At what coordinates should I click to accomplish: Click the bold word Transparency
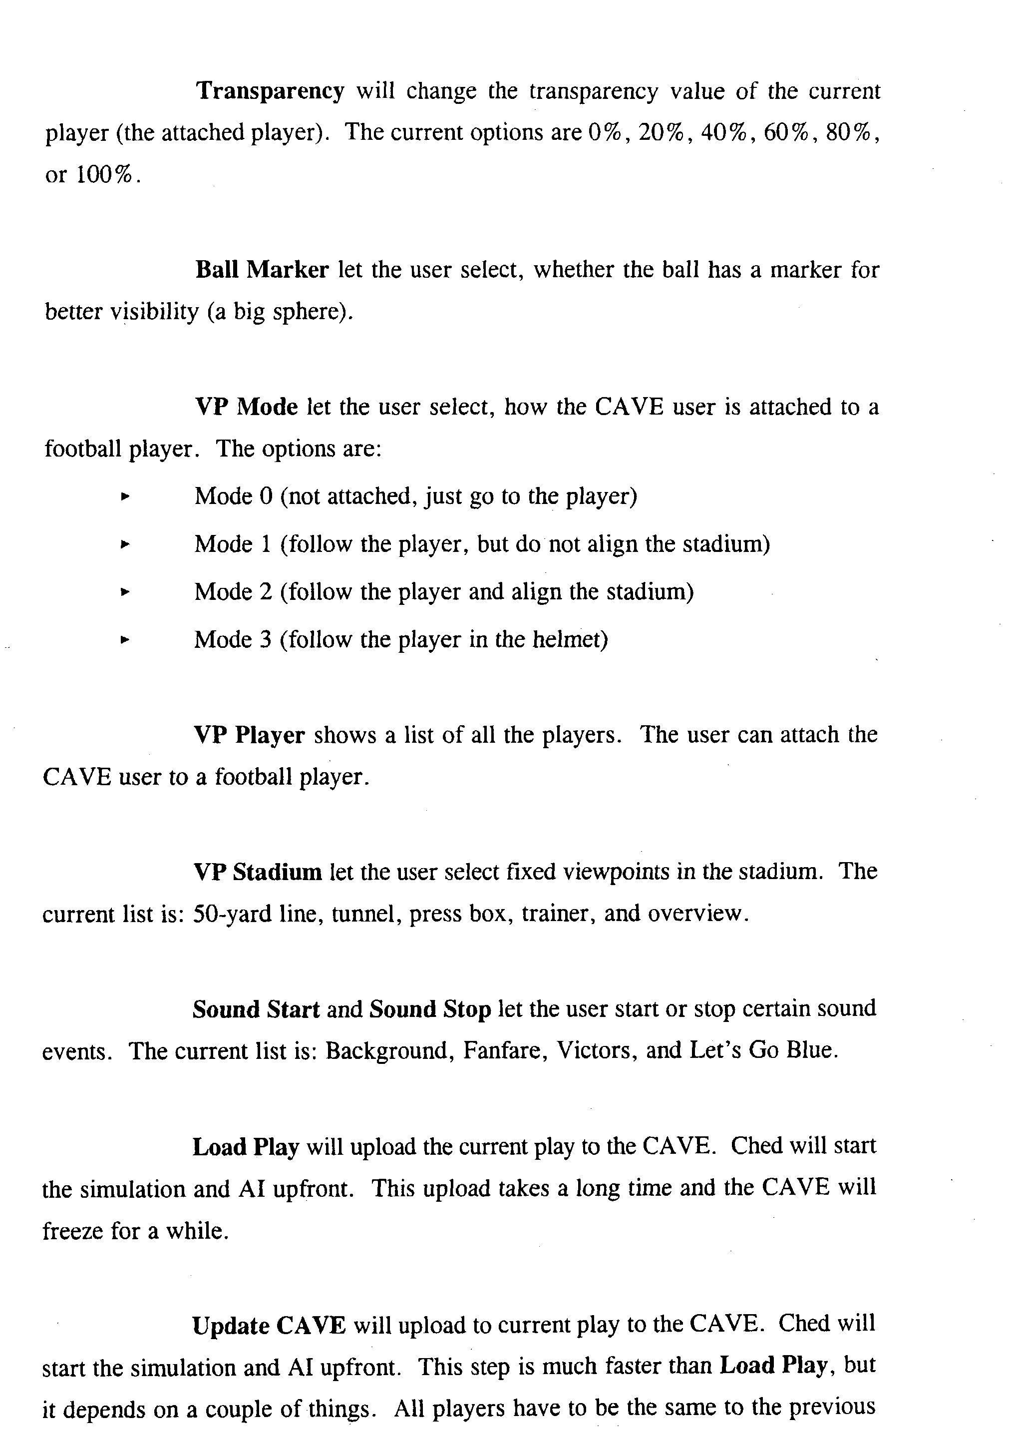point(270,92)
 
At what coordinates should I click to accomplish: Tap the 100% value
point(105,175)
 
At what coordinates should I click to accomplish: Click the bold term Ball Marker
point(262,270)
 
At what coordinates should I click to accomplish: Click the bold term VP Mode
point(246,407)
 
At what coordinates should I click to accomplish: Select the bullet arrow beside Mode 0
point(124,497)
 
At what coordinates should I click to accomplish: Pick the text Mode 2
point(233,592)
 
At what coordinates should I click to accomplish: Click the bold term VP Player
point(249,735)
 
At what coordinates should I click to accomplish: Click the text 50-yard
point(232,914)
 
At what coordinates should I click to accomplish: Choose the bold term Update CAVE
point(269,1325)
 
